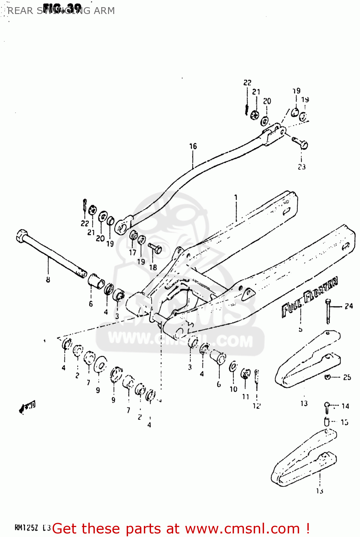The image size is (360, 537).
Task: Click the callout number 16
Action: pos(193,146)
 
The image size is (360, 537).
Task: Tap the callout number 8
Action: pos(48,280)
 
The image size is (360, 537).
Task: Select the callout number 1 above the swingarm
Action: pos(236,197)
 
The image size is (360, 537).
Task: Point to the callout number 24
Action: pos(349,306)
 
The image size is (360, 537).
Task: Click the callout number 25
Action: pos(347,377)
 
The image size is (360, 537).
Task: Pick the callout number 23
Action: pos(302,167)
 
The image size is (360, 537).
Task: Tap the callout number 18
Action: pos(153,267)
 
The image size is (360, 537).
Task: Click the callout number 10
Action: pos(233,389)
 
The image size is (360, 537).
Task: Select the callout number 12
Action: pos(257,406)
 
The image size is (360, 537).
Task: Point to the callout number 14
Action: pos(345,406)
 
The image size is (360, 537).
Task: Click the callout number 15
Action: pos(344,422)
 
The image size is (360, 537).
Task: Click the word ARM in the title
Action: pos(104,11)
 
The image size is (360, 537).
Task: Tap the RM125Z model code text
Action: pos(26,528)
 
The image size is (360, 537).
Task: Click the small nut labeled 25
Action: pos(327,377)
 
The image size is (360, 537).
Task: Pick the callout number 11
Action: pos(245,397)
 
